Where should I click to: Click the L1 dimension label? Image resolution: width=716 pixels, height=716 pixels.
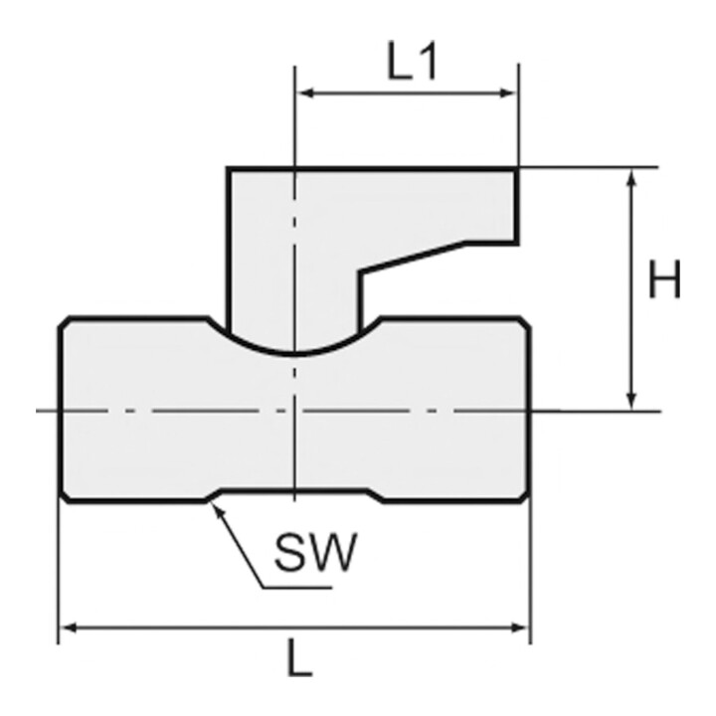click(x=413, y=61)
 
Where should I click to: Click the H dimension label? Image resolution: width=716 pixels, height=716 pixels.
click(x=664, y=278)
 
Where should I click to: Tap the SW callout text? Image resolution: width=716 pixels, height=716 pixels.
click(x=315, y=553)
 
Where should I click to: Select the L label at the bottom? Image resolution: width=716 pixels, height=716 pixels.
click(x=299, y=657)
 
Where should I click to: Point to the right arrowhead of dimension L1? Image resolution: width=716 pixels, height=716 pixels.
click(x=509, y=93)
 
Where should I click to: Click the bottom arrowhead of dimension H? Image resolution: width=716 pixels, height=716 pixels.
click(x=631, y=402)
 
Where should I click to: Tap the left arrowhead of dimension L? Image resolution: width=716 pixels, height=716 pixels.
click(x=69, y=627)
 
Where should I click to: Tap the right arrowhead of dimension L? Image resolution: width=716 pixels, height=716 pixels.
click(x=520, y=627)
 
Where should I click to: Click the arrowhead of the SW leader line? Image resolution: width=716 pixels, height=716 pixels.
click(x=217, y=509)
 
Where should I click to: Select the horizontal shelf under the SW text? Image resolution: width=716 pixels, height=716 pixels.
click(x=296, y=588)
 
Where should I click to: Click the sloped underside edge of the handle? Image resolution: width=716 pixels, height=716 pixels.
click(x=413, y=258)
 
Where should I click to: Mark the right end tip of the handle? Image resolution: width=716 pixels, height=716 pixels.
click(x=517, y=207)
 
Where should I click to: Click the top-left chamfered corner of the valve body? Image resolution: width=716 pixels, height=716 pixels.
click(x=64, y=321)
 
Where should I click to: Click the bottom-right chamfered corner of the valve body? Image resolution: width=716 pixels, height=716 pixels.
click(x=525, y=497)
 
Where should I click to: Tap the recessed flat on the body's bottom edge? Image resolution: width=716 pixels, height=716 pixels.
click(x=294, y=490)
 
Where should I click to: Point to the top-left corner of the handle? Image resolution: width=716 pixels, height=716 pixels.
click(x=229, y=169)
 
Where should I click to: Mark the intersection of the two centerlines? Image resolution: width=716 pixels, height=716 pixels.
click(x=294, y=411)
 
